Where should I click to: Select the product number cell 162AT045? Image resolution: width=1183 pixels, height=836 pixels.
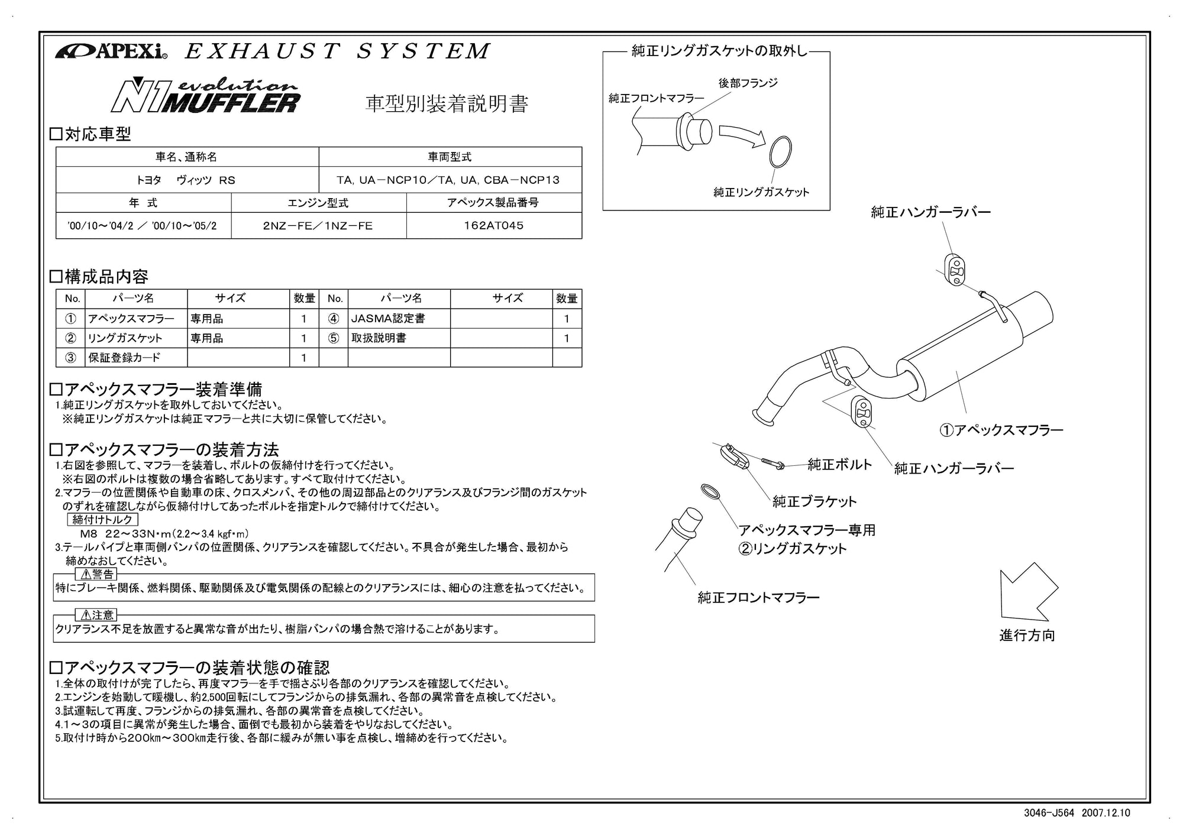(x=494, y=225)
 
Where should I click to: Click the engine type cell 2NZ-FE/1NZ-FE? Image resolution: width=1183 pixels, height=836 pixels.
(x=318, y=225)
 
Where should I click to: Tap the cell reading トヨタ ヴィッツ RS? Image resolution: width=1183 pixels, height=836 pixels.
(x=187, y=180)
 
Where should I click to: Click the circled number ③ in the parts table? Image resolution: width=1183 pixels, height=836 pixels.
(x=70, y=357)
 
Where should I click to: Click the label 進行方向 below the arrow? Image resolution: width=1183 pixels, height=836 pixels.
(x=1027, y=636)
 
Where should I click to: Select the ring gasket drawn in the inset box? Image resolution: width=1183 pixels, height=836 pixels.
(x=780, y=152)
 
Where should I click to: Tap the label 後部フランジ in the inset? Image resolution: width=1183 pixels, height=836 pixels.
(x=748, y=83)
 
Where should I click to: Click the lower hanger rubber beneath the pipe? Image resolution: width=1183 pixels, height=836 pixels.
(x=862, y=412)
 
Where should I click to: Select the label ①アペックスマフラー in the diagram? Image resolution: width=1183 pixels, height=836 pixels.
(x=1001, y=430)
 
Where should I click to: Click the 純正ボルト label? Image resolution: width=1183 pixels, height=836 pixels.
(x=839, y=464)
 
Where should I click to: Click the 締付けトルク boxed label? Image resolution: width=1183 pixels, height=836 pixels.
(x=103, y=520)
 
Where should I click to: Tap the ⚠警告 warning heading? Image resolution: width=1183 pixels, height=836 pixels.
(x=96, y=574)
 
